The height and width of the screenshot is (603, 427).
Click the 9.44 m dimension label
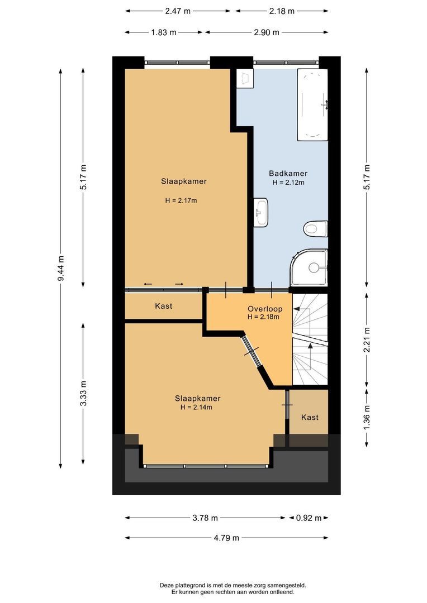(x=61, y=269)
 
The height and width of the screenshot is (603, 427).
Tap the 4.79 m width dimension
(x=227, y=538)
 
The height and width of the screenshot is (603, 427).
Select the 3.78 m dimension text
(x=205, y=518)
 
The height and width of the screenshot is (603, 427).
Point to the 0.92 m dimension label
(x=308, y=518)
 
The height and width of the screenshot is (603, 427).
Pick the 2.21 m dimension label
(x=367, y=340)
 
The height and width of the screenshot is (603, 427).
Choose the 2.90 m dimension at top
(x=266, y=32)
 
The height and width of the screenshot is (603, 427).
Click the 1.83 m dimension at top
(x=163, y=32)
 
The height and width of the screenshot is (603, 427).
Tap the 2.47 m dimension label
(x=177, y=11)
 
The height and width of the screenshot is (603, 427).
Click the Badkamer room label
(x=288, y=174)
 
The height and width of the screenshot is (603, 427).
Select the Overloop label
(x=265, y=309)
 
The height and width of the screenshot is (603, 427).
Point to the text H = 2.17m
(x=181, y=200)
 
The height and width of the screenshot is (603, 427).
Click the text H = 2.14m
(x=196, y=407)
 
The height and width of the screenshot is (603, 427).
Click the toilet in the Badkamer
(x=316, y=228)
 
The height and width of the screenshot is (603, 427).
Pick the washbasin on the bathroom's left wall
(x=261, y=212)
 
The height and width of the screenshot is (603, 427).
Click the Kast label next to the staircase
(x=310, y=417)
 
